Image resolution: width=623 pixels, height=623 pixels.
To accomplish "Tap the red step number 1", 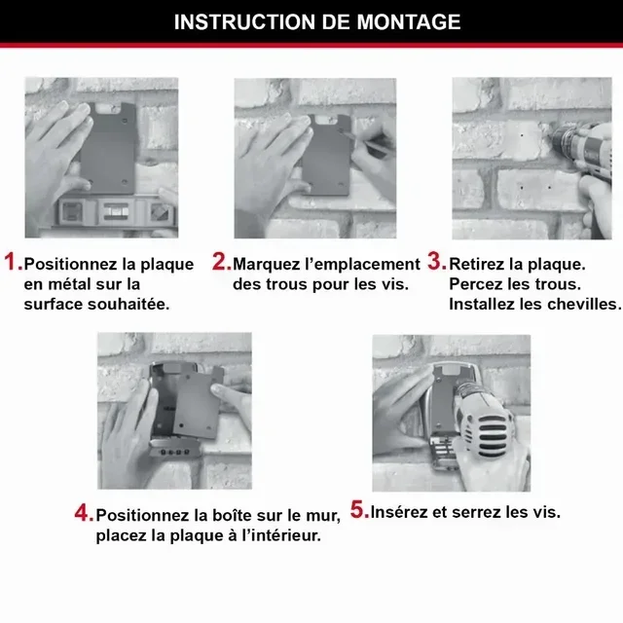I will coord(13,263).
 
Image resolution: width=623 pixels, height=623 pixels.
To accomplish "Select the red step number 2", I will coord(221,263).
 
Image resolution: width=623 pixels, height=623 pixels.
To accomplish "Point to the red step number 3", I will coord(436,263).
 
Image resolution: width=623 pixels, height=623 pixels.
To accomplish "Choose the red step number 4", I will coord(84,513).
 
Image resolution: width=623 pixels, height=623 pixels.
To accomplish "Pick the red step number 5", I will coord(359,510).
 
